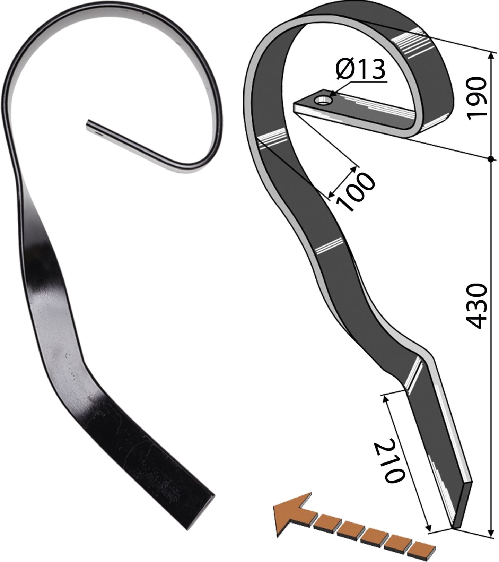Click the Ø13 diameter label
360,69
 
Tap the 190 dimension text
476,98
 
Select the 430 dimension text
476,306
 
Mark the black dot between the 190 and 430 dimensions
490,159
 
